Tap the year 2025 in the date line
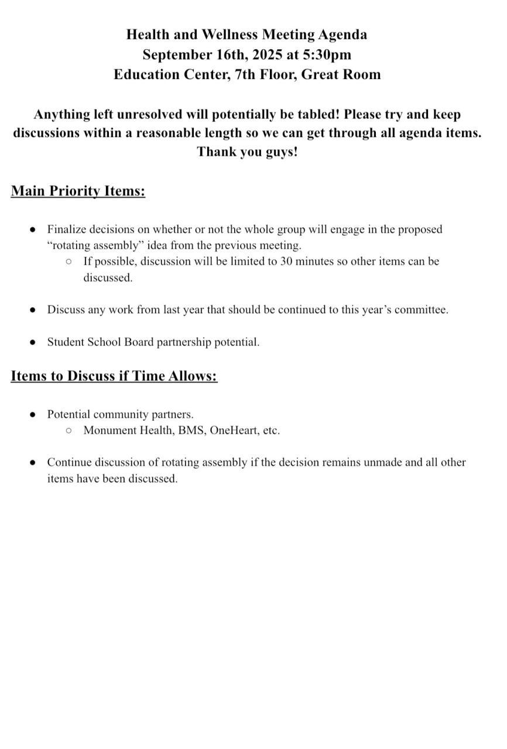(x=268, y=54)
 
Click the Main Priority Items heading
(x=78, y=191)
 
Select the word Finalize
(x=70, y=229)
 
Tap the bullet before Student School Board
(x=33, y=342)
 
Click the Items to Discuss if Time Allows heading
(x=114, y=376)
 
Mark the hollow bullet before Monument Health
(x=69, y=431)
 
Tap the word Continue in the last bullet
(x=70, y=462)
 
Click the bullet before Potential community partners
(x=33, y=415)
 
